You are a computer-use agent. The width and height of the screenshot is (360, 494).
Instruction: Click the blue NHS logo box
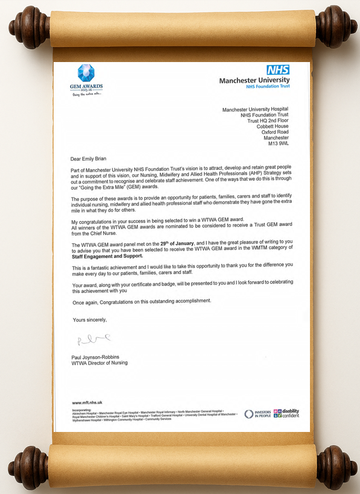278,70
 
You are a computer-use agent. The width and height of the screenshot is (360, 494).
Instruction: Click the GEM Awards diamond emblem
86,73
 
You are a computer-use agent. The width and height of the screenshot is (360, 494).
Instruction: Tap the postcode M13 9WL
278,144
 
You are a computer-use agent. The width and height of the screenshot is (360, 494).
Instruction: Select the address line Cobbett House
273,126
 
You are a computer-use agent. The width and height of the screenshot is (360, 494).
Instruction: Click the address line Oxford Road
275,132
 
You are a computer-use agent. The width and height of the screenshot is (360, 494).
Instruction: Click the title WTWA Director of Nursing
99,363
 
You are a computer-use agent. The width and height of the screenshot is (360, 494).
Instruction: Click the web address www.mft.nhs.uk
87,402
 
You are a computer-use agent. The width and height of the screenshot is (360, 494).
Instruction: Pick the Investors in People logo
257,414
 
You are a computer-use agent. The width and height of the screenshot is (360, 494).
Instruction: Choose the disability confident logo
286,413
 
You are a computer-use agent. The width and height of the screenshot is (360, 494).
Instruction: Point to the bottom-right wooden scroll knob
336,467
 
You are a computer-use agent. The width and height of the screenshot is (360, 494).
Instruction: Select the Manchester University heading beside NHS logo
254,80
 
